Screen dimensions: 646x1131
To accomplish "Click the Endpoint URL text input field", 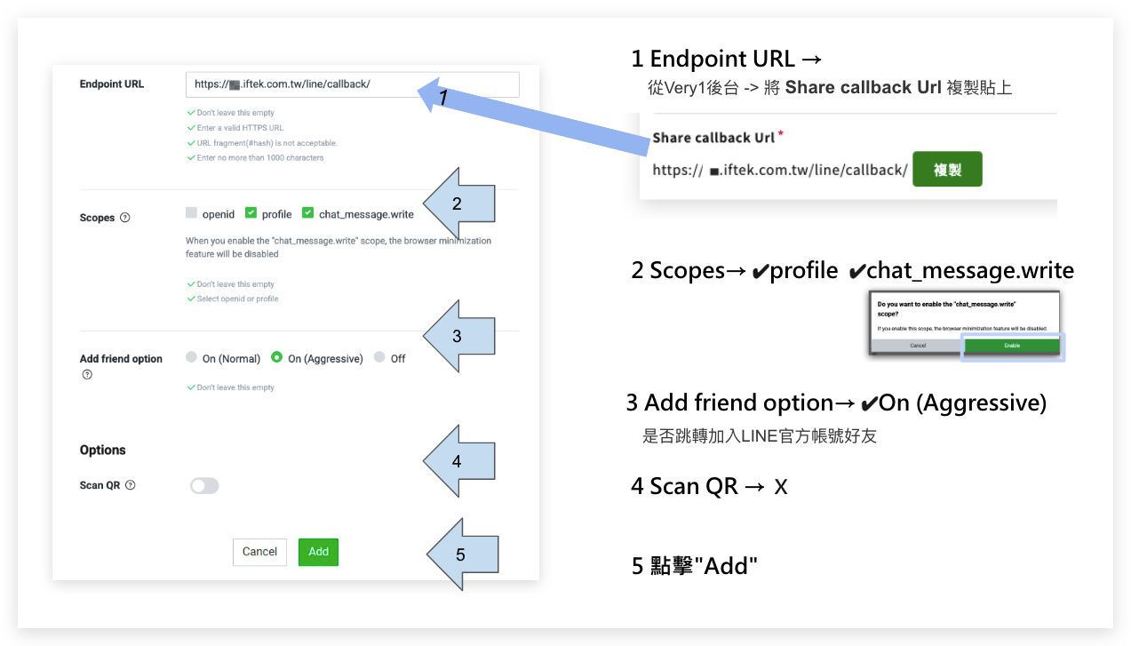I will click(x=352, y=84).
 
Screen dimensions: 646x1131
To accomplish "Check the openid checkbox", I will click(x=191, y=213).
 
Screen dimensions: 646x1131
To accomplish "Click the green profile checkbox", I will click(x=251, y=213).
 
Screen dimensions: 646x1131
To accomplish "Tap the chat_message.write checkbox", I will click(x=307, y=213).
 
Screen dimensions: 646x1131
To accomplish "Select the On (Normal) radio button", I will click(x=191, y=357).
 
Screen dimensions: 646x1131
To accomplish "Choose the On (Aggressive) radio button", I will click(x=277, y=357).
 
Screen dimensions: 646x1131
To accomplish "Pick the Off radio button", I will click(x=379, y=357).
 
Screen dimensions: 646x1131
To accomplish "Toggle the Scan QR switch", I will click(x=204, y=485).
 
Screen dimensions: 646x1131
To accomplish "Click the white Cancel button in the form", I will click(x=259, y=552).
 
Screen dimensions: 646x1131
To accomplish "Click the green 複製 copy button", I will click(x=947, y=169).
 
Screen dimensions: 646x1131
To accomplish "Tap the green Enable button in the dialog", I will click(x=1012, y=345).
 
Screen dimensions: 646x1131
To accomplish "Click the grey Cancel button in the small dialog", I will click(x=918, y=345).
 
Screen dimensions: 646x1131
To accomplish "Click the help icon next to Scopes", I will click(x=125, y=218).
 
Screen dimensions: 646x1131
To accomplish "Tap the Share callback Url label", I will click(x=714, y=138).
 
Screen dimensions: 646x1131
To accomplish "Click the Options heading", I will click(x=103, y=450).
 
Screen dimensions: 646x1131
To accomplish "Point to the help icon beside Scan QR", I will click(x=131, y=485).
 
